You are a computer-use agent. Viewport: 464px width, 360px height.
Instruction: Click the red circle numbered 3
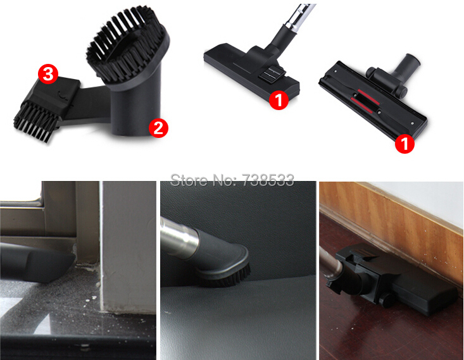(48, 74)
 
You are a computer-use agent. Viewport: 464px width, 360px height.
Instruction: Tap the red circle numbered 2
(158, 128)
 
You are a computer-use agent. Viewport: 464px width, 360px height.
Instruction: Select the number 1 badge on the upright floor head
(279, 100)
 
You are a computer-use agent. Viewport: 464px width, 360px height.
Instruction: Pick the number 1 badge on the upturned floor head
(405, 144)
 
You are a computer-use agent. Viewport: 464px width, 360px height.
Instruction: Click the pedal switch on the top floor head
(271, 73)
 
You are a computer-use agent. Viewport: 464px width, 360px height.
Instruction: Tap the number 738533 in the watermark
(268, 180)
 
